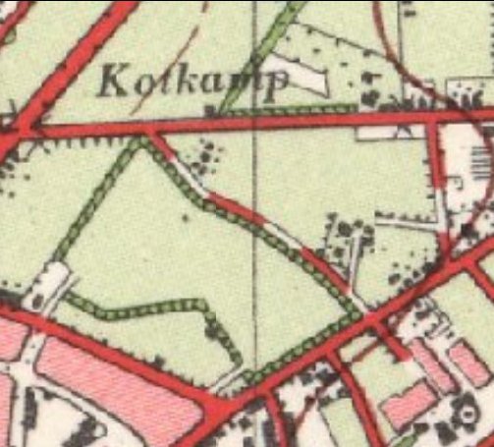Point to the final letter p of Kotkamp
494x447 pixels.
tap(279, 85)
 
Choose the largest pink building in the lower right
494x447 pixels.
tap(408, 404)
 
